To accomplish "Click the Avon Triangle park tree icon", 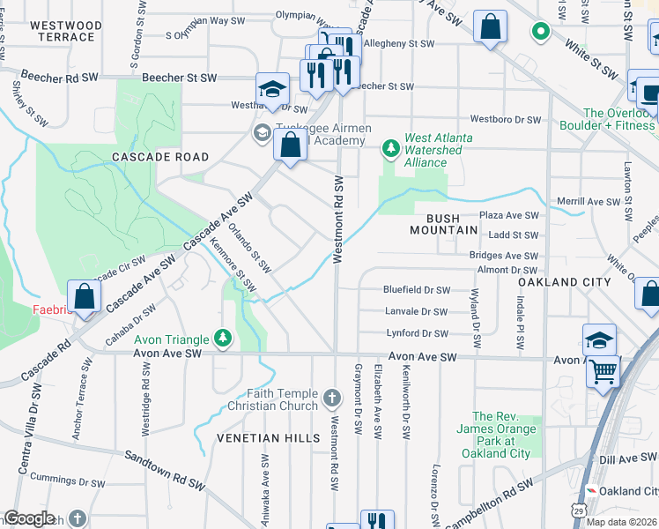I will (x=224, y=339).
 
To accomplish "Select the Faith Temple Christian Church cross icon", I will (x=331, y=399).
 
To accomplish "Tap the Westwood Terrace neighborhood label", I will (x=62, y=31).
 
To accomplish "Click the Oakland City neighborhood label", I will (x=564, y=281).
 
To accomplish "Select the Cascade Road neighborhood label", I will (x=160, y=157).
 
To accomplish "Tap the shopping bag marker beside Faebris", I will (x=85, y=297).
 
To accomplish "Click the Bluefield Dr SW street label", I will (x=417, y=290).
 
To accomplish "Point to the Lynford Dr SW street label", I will (x=417, y=333).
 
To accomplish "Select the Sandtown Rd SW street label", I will (x=166, y=469).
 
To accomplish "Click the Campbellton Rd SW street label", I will (x=489, y=504).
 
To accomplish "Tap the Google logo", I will (x=29, y=518).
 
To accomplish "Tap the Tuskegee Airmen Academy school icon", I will (x=262, y=133).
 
